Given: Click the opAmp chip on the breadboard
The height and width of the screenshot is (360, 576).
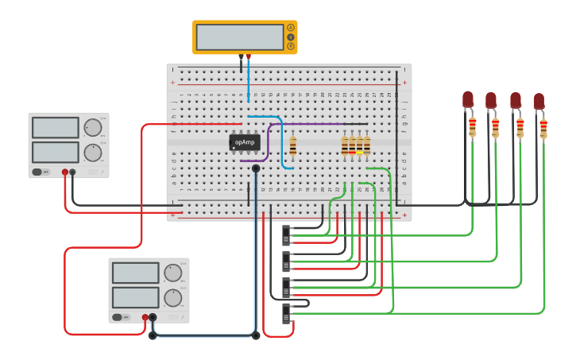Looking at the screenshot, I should click(245, 142).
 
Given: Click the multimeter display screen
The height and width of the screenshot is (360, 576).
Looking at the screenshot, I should click(240, 37).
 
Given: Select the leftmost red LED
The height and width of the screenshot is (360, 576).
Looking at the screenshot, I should click(468, 99).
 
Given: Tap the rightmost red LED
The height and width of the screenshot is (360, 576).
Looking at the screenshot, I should click(539, 101).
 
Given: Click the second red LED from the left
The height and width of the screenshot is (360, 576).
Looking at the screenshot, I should click(491, 100).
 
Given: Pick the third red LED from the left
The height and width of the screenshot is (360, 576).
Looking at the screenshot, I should click(516, 100).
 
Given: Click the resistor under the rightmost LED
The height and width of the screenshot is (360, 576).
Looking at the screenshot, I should click(543, 128).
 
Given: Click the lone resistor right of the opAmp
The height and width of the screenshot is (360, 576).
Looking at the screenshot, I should click(293, 145).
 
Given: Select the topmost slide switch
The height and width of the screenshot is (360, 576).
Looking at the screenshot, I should click(286, 236).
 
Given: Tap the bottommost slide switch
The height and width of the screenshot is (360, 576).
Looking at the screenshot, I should click(286, 313).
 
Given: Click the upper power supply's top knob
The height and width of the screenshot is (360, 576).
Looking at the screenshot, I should click(93, 127).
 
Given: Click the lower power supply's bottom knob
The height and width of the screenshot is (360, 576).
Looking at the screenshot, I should click(172, 298).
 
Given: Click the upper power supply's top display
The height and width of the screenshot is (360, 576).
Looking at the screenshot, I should click(55, 127).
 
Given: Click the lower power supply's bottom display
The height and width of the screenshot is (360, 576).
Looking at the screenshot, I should click(135, 297).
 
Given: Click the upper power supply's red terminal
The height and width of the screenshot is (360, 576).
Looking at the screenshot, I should click(65, 172).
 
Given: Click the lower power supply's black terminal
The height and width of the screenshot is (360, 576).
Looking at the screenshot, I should click(153, 317).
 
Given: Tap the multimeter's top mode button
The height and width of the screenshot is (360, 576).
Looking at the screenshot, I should click(290, 28).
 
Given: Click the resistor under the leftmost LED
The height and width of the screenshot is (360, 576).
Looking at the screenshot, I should click(472, 126).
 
